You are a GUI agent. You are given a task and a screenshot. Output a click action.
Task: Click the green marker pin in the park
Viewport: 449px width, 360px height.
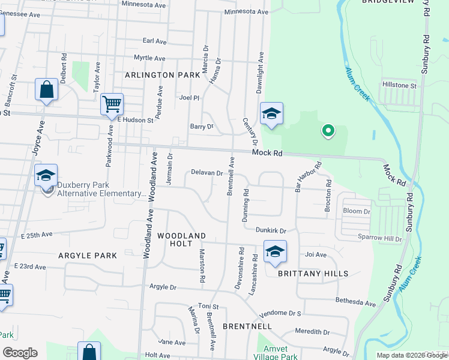coord(328,130)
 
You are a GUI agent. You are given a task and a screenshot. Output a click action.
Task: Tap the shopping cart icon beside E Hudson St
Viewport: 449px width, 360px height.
coord(112,104)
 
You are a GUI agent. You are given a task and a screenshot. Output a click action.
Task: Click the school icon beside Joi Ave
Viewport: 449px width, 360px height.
coord(275,251)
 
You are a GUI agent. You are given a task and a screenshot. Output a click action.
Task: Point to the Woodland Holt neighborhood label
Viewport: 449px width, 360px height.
coord(182,239)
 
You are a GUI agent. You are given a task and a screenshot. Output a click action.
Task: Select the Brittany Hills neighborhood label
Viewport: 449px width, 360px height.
coord(313,274)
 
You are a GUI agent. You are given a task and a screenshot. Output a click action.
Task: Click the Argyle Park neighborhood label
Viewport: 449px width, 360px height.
coord(88,256)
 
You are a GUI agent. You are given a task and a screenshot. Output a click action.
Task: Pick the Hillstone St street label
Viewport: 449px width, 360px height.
coord(399,86)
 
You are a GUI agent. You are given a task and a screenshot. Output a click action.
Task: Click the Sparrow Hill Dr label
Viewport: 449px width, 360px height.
coord(380,239)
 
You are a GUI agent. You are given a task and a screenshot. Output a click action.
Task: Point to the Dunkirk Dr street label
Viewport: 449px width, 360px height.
coord(271,230)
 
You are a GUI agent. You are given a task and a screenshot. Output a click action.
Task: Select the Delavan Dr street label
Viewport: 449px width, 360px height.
coord(207,173)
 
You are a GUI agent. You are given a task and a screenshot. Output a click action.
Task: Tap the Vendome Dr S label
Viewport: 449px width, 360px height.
coord(279,314)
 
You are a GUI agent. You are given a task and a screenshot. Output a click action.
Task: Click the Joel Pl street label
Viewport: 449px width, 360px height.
coord(188,97)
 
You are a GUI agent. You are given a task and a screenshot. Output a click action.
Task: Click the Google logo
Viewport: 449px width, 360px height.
coord(20,353)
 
